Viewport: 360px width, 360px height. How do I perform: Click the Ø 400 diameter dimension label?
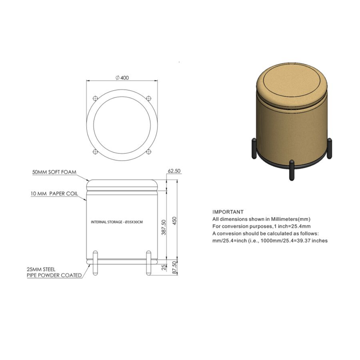pos(122,78)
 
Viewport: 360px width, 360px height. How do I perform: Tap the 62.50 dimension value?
pos(174,171)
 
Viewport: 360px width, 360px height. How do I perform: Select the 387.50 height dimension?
pos(164,227)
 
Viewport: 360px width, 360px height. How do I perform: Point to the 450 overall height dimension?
pos(175,221)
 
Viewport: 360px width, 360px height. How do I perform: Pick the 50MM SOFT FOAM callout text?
pos(54,172)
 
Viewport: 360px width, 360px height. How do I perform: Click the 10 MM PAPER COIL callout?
pos(54,194)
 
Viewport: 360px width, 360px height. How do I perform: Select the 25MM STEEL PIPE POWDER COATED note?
pos(54,272)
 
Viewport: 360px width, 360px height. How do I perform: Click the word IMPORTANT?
pos(228,212)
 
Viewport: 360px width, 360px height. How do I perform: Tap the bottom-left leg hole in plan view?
pos(95,152)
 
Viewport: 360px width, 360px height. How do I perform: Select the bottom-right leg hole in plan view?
pos(149,152)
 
